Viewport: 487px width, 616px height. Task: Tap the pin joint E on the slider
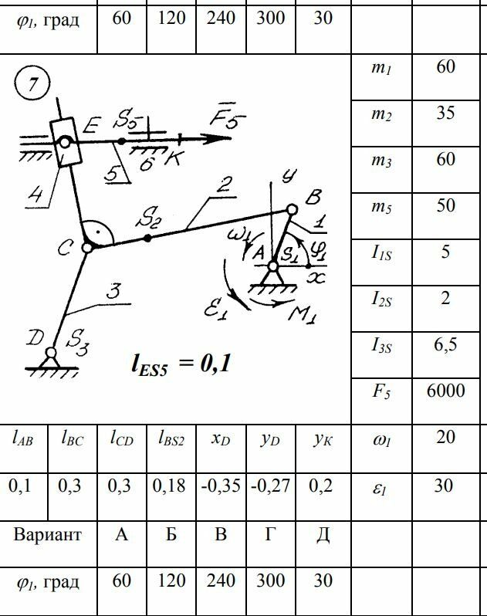[65, 142]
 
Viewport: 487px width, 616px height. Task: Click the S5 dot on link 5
[120, 141]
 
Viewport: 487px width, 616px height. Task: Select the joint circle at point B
[292, 209]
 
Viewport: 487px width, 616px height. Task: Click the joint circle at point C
[87, 248]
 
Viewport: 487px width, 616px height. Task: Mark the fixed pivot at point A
[273, 267]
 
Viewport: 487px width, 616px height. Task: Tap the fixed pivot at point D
[51, 353]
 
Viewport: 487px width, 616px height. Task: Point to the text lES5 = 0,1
[182, 362]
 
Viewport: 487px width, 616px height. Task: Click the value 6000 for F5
[445, 391]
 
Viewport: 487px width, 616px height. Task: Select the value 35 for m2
[445, 113]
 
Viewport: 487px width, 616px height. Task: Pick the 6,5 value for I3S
[445, 344]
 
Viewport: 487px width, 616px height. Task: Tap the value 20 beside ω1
[445, 437]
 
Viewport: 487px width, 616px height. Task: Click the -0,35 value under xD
[221, 486]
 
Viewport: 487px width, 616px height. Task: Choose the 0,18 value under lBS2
[170, 486]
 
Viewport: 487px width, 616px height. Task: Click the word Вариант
[47, 534]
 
